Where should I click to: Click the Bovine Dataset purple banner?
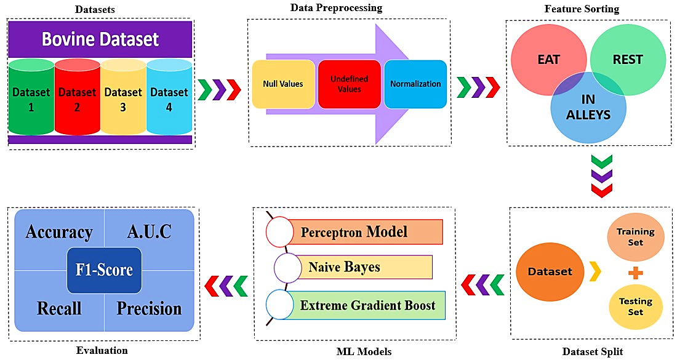[100, 39]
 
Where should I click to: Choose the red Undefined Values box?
[348, 84]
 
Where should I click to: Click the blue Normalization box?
[415, 84]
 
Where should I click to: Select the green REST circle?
[627, 59]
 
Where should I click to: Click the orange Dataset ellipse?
[550, 271]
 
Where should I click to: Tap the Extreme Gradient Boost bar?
[367, 304]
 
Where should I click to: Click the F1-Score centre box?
[104, 270]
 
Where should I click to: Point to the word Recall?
[59, 308]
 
